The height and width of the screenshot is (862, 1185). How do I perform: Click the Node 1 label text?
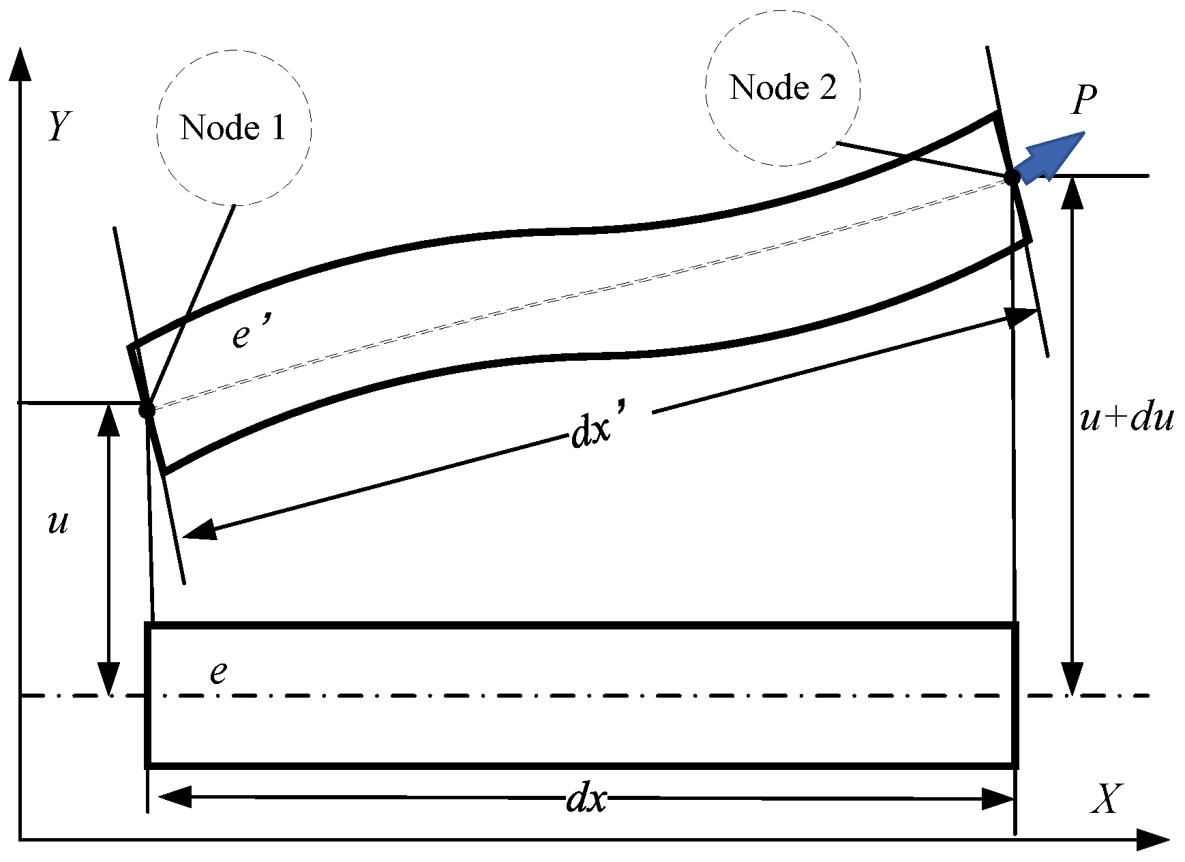click(232, 128)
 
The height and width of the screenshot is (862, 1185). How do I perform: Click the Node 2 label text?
click(783, 87)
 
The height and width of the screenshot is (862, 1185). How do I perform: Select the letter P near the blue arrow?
click(1083, 100)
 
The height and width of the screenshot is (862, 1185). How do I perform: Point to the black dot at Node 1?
click(146, 411)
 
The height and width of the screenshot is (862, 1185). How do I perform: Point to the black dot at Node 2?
click(1012, 177)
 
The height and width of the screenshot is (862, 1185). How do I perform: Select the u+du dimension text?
click(1126, 419)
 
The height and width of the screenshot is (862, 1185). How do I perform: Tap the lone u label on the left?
click(58, 522)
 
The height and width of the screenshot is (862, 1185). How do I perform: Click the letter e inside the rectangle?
click(217, 672)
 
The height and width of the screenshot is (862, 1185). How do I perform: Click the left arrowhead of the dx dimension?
click(175, 797)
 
